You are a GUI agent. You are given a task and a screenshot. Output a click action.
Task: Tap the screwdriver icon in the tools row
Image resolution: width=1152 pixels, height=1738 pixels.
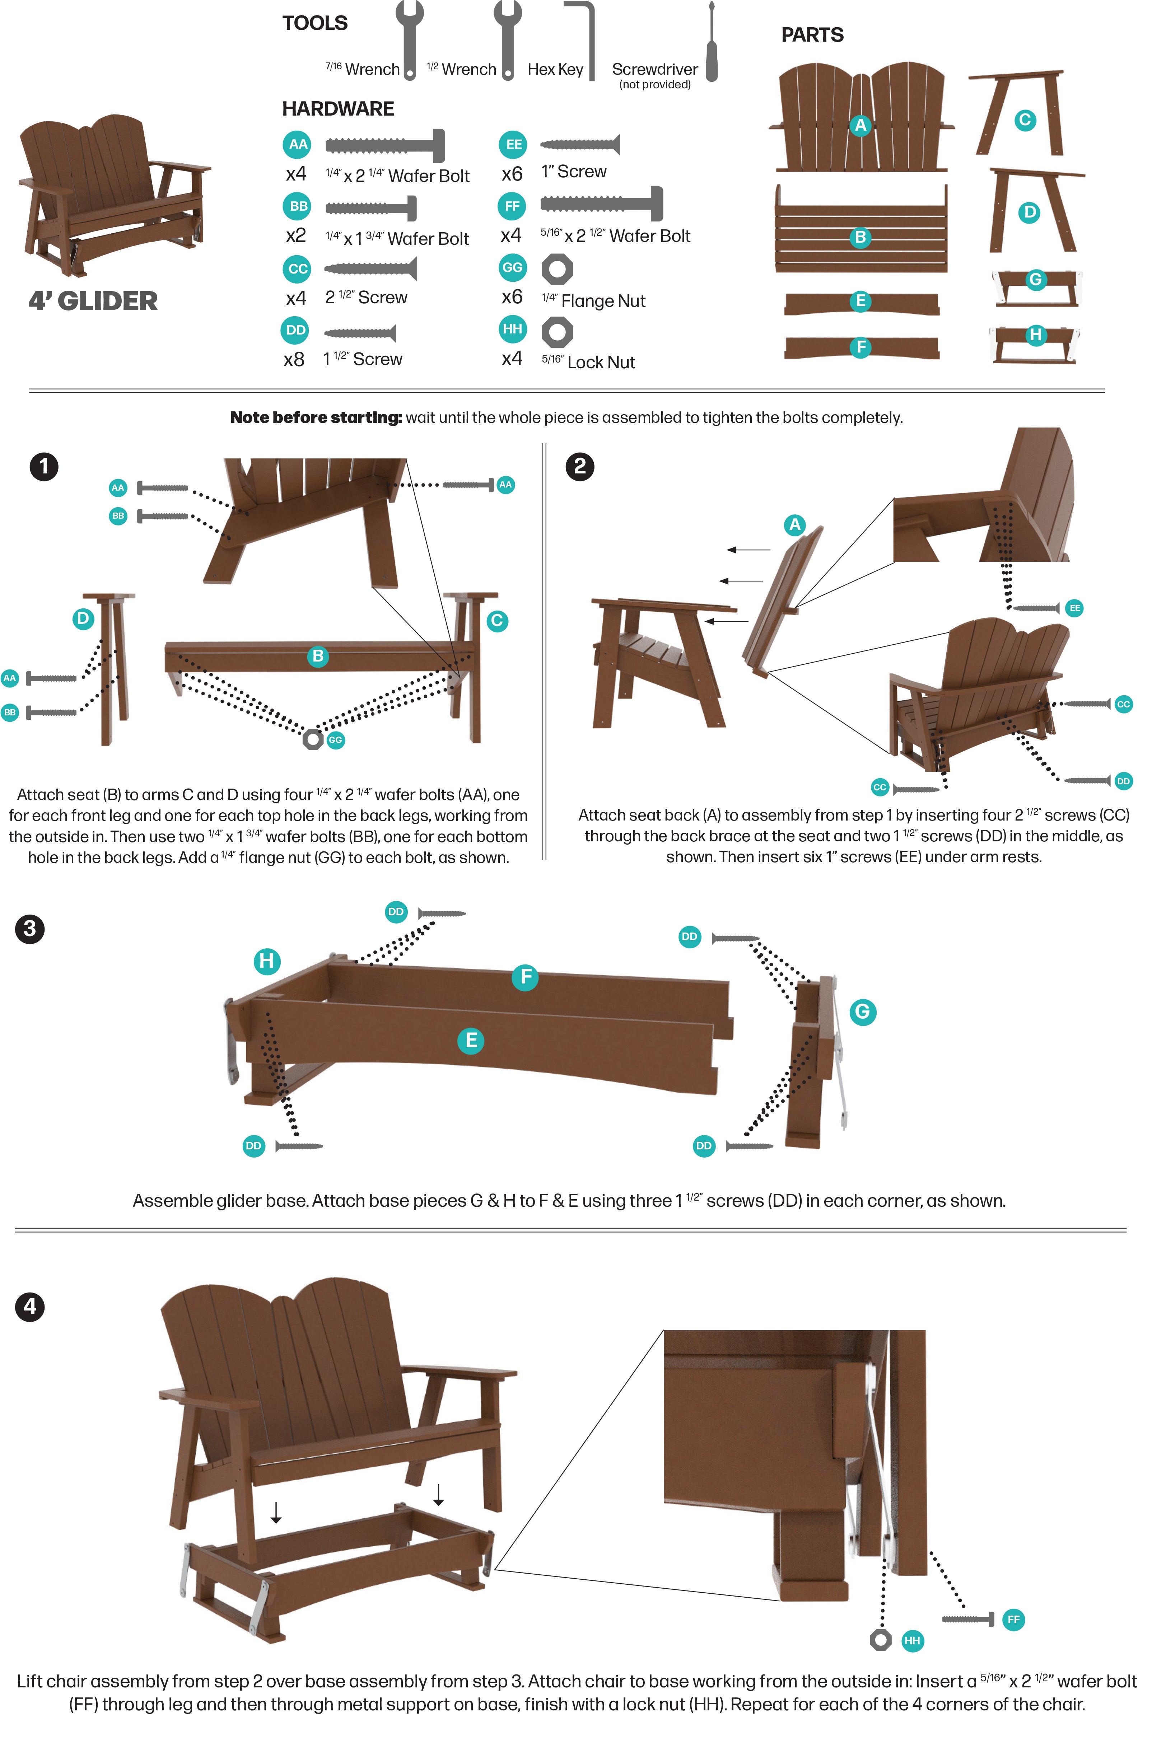(x=711, y=42)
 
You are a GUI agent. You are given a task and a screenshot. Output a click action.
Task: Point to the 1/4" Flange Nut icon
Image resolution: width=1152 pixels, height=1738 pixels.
(x=557, y=269)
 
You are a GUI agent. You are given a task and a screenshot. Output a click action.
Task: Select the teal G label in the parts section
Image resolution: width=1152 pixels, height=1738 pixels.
(x=1036, y=279)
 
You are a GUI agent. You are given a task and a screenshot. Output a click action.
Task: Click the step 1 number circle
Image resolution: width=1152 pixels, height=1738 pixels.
(x=44, y=467)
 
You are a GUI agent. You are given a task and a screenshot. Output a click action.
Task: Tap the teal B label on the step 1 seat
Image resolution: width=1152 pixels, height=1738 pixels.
(x=318, y=656)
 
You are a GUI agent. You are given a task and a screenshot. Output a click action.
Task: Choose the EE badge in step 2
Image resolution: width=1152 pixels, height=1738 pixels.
(x=1075, y=608)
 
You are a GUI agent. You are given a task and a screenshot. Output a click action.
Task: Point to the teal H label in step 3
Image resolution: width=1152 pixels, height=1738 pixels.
(x=267, y=961)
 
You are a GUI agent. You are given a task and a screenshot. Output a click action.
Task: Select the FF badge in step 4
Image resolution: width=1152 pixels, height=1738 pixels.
(x=1014, y=1620)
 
